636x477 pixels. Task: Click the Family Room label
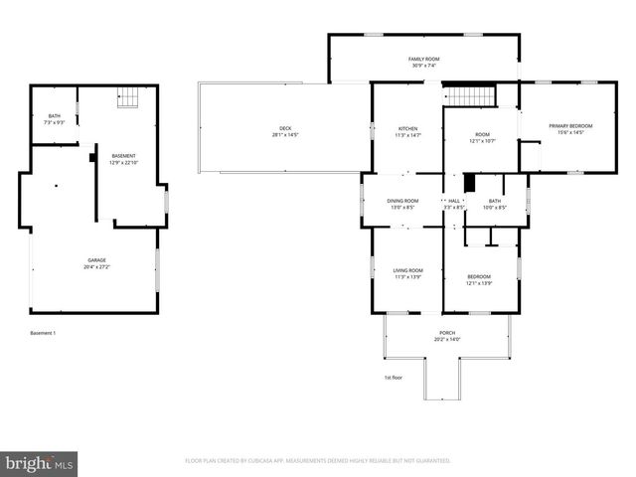[x=423, y=60]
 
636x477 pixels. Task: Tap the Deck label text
[x=285, y=128]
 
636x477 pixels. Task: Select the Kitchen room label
[x=407, y=128]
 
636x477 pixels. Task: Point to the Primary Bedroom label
[x=570, y=125]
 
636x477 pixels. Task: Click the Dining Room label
[x=402, y=201]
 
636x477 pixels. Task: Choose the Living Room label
[x=407, y=270]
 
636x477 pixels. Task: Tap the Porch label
[x=447, y=333]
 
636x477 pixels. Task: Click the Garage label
[x=96, y=260]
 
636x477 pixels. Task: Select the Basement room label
[x=123, y=156]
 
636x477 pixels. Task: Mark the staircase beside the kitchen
[x=468, y=94]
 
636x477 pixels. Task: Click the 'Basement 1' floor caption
[x=43, y=333]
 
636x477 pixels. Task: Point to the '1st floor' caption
[x=394, y=378]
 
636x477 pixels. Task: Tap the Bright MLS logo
[x=40, y=463]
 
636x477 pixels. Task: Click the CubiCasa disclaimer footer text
[x=318, y=461]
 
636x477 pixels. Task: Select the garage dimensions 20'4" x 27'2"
[x=96, y=266]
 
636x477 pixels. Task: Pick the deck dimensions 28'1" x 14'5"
[x=285, y=134]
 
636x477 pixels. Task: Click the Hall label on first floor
[x=454, y=201]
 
